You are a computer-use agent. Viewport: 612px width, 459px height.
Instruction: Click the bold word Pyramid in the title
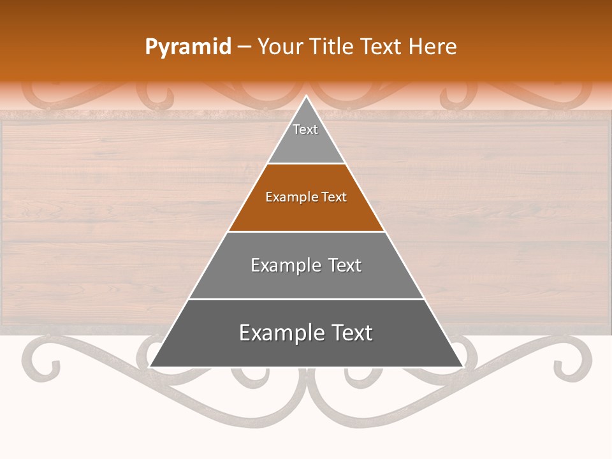[187, 47]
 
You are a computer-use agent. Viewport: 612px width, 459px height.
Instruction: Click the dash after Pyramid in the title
[244, 47]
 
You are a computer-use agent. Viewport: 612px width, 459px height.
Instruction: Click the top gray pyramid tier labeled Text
[306, 137]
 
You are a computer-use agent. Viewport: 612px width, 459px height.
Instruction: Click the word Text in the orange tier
[334, 197]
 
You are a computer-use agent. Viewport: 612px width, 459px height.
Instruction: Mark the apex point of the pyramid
[306, 96]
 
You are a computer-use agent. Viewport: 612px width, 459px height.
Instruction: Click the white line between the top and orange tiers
[306, 164]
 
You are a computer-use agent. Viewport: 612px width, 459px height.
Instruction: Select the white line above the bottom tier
[306, 299]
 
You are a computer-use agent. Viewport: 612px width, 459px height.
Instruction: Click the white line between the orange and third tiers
[306, 231]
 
